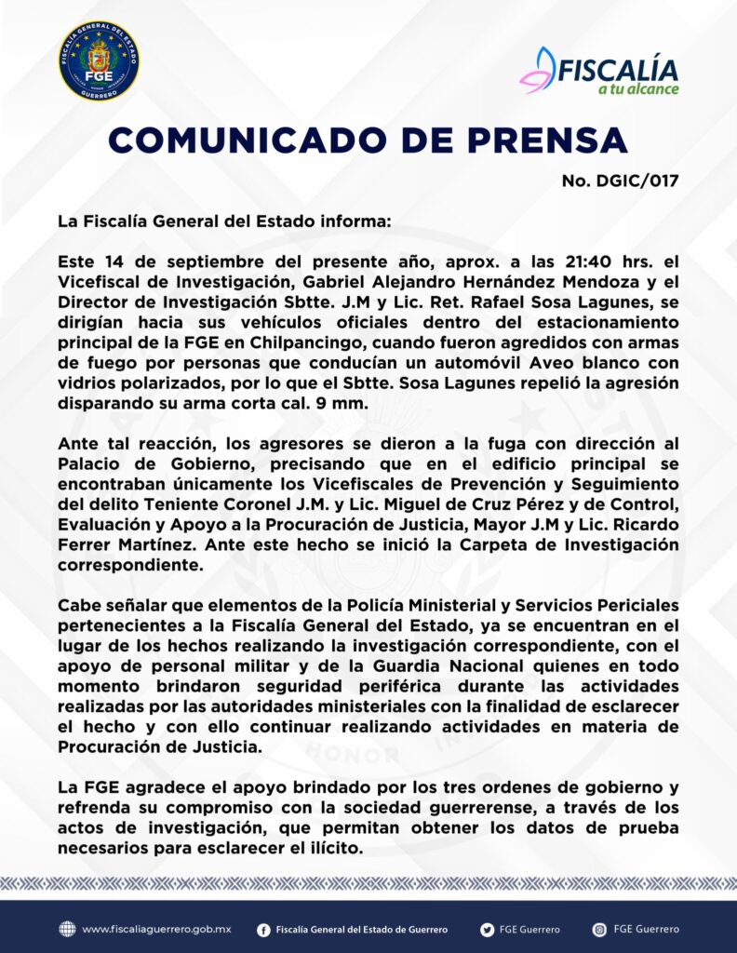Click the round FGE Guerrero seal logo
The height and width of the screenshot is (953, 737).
(100, 60)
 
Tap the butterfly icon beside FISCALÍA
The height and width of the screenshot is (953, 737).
(539, 70)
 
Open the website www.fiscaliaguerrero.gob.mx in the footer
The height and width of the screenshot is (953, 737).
(155, 929)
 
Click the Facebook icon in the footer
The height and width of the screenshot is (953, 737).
(264, 929)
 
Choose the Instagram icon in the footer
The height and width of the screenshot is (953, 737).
(599, 929)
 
